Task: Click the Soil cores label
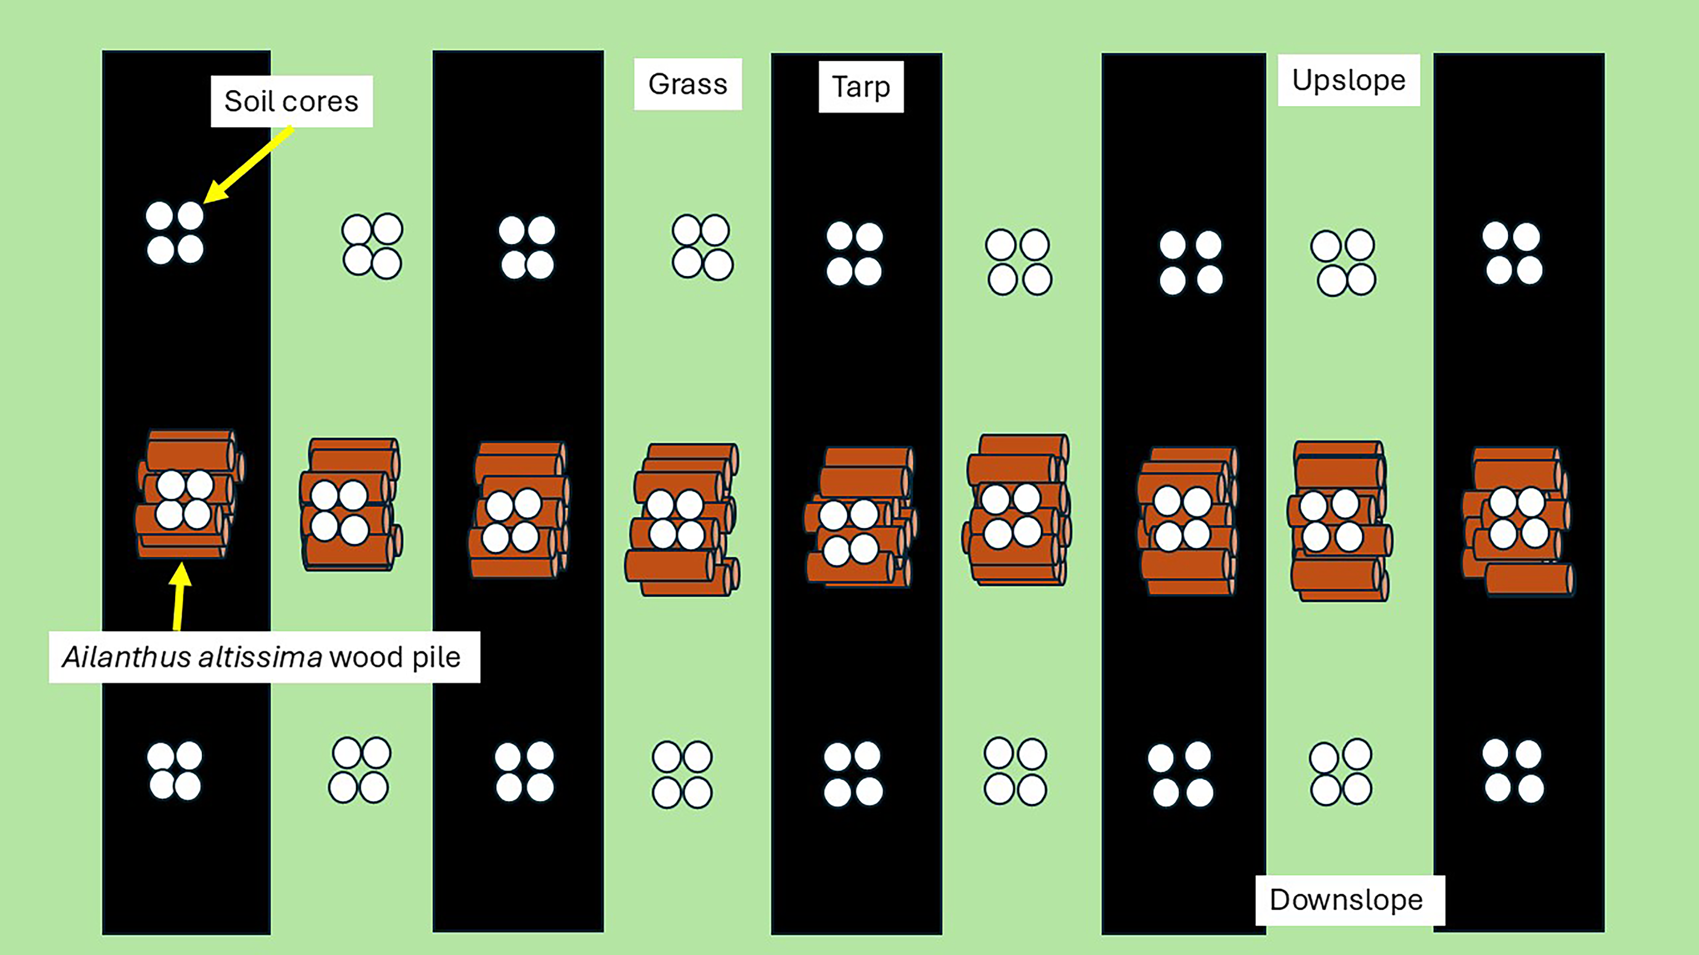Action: (291, 101)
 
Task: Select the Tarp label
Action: (861, 87)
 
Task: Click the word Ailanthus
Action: (126, 657)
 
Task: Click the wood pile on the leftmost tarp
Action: (188, 494)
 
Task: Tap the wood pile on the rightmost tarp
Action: (1517, 521)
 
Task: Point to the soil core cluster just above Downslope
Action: (1340, 773)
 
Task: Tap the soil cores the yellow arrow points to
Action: (175, 233)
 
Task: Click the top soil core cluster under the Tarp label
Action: (854, 254)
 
